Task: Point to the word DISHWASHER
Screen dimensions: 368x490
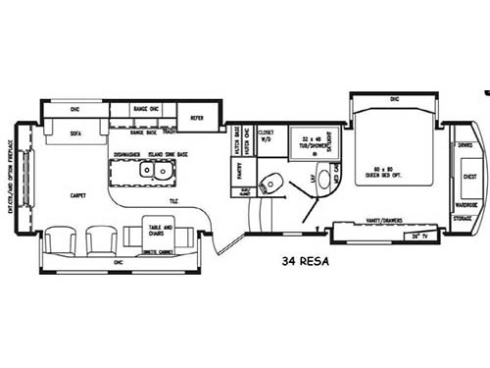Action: pyautogui.click(x=130, y=155)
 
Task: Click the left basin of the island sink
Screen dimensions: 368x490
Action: pyautogui.click(x=147, y=171)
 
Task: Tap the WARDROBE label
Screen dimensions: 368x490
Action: pyautogui.click(x=465, y=204)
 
